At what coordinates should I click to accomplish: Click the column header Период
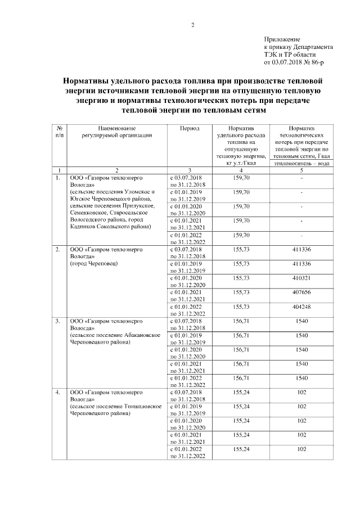click(x=190, y=128)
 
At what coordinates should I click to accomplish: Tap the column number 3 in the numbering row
click(x=190, y=170)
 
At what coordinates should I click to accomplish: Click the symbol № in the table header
click(x=59, y=128)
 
